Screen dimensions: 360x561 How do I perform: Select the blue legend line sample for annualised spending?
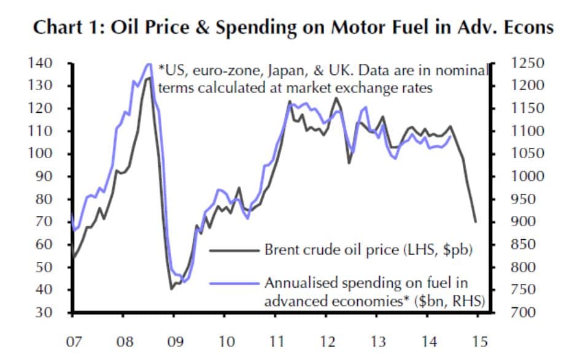click(x=234, y=283)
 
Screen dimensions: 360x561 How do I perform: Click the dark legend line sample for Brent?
click(x=234, y=250)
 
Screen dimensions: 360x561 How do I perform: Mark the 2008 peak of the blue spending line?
click(x=148, y=64)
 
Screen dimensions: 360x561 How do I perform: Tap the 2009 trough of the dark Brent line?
click(x=172, y=288)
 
